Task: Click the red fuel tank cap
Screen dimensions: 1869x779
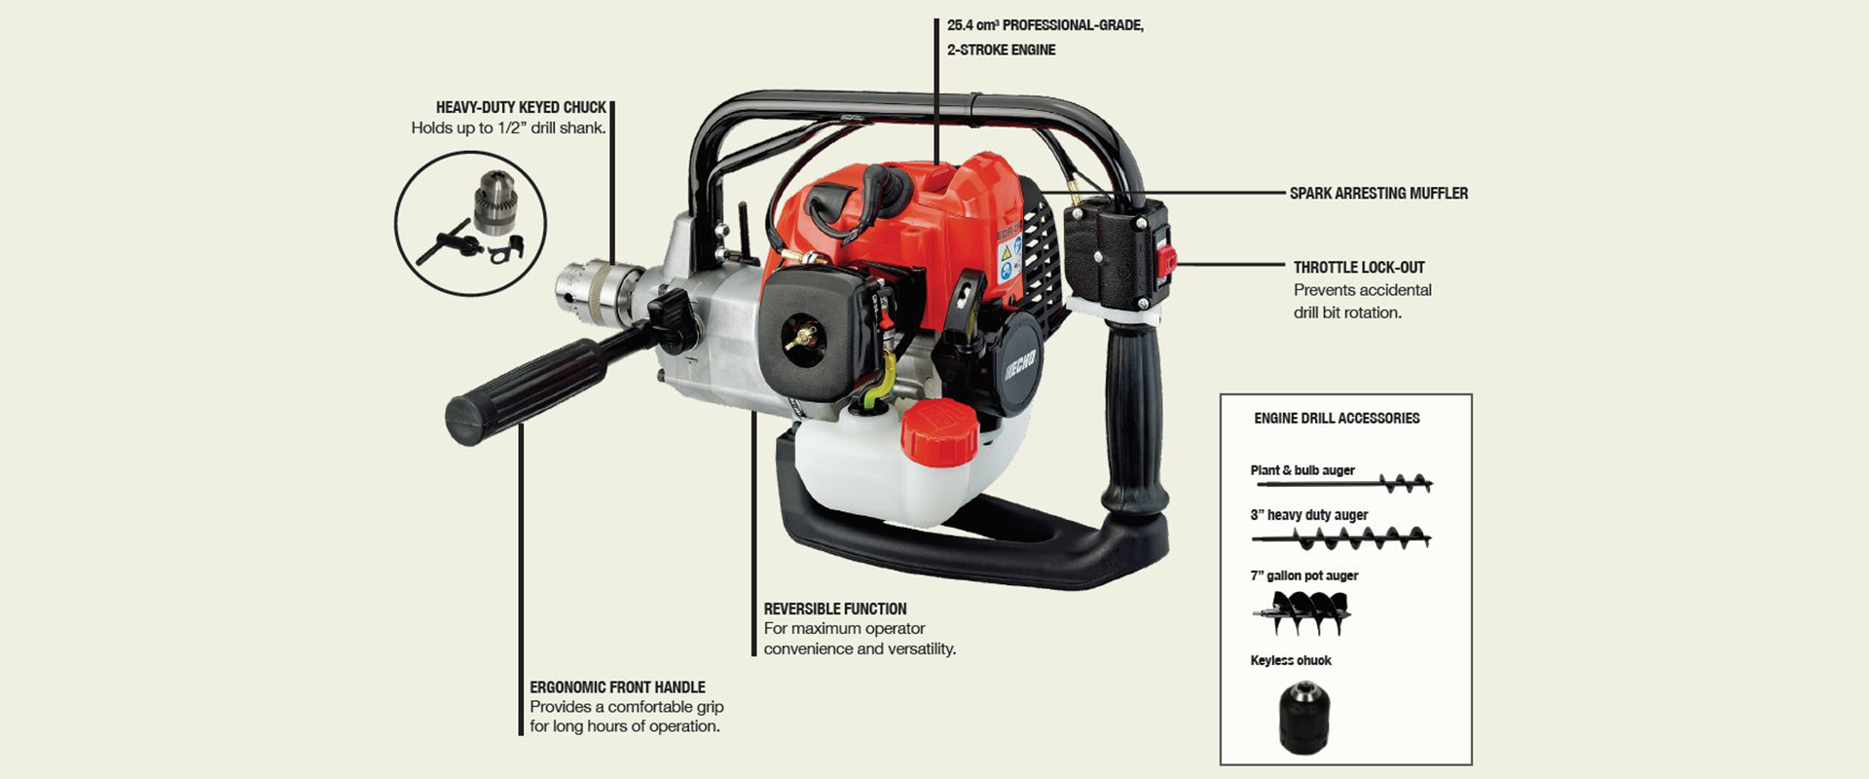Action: coord(938,431)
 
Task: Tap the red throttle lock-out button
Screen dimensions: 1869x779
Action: coord(1165,259)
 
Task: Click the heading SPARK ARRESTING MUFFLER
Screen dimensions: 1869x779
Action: coord(1378,194)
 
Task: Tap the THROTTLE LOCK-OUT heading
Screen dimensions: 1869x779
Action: coord(1359,268)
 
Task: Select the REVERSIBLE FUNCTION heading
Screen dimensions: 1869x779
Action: coord(835,609)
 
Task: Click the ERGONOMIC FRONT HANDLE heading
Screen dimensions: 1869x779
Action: coord(617,687)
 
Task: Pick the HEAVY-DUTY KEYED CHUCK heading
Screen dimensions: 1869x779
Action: coord(521,107)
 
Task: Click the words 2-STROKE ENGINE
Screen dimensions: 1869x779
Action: coord(1002,50)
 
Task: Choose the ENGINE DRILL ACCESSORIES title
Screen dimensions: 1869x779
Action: coord(1337,419)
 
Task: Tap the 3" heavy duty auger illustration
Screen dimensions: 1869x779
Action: coord(1341,538)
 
